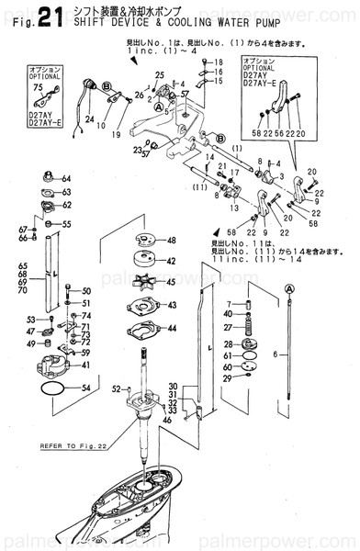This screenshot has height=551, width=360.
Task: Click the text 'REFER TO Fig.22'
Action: pos(72,446)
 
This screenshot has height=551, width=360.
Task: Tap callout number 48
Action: pos(171,241)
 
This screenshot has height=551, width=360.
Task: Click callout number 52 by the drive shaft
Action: pos(116,389)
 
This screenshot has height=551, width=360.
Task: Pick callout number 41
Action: pos(85,365)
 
